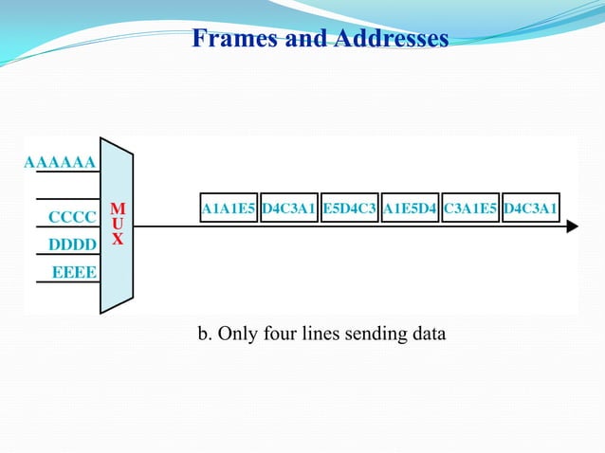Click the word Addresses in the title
[388, 39]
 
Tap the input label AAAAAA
[59, 162]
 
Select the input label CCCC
[72, 217]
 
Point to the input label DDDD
[72, 245]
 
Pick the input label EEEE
[72, 273]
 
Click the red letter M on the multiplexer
[117, 208]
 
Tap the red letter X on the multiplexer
[117, 240]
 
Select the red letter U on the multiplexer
[117, 224]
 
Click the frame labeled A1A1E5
[228, 208]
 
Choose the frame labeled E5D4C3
[349, 208]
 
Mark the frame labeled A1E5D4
[410, 208]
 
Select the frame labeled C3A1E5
[470, 208]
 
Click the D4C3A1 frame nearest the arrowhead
[531, 208]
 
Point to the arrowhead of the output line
[572, 226]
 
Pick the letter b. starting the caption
[204, 335]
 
